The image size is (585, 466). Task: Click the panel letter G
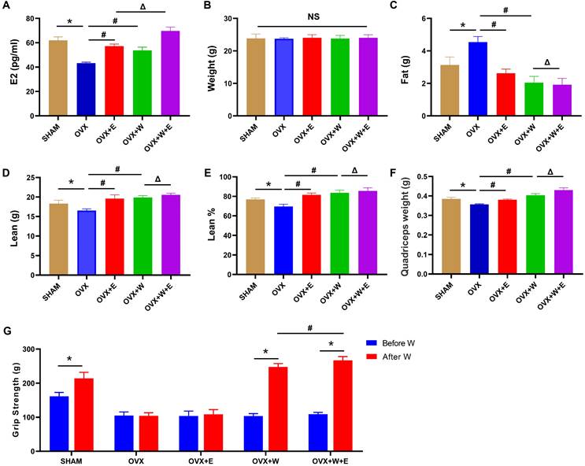coord(7,329)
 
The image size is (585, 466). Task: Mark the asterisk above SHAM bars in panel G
coord(70,361)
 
